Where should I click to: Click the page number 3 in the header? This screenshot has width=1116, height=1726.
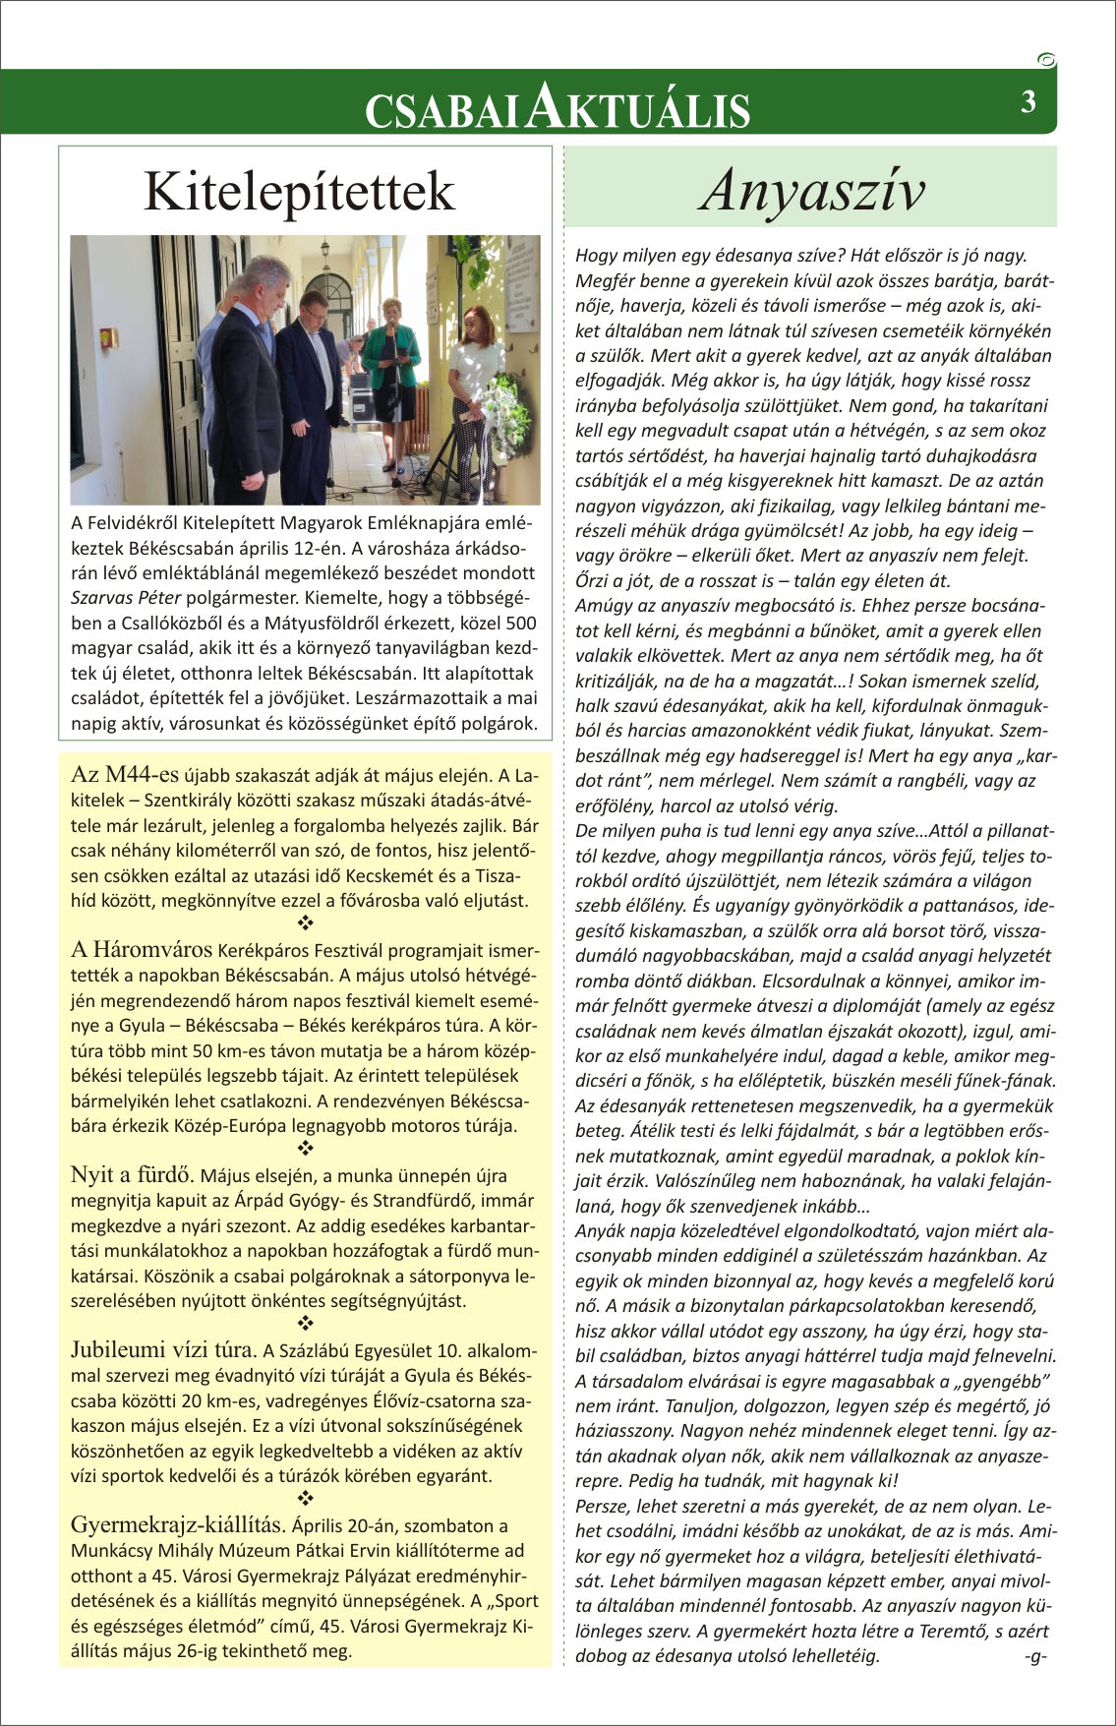click(1028, 102)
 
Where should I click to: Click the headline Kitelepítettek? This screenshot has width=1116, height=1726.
click(299, 191)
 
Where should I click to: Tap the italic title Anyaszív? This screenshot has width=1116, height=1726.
click(812, 190)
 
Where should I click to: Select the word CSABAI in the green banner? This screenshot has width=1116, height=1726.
click(441, 111)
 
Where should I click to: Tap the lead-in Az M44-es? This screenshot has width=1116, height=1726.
click(125, 774)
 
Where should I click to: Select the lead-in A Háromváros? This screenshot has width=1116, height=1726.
click(142, 950)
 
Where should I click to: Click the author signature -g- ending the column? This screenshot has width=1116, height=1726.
click(1034, 1655)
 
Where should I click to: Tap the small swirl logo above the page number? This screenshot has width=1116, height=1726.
click(1046, 61)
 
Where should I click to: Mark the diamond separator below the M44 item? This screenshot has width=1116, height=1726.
click(305, 923)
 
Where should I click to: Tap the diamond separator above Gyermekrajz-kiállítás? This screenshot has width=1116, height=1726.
click(305, 1499)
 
